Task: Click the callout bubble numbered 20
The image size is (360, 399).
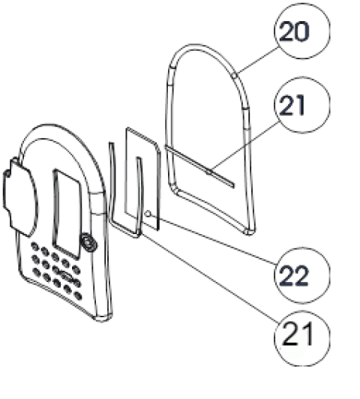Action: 302,31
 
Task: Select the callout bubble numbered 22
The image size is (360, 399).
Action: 302,275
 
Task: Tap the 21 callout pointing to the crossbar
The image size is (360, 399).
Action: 302,104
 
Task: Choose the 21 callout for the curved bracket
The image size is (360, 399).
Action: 302,338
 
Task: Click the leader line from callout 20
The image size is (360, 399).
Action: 257,61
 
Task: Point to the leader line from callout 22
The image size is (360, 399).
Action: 213,239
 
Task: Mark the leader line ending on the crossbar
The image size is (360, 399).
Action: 244,145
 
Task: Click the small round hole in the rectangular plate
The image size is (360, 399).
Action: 148,214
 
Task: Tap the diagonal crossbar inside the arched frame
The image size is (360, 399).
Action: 199,166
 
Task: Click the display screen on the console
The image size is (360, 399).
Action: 67,214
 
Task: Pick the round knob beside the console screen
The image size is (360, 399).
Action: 88,243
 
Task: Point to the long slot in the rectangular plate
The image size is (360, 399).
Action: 139,195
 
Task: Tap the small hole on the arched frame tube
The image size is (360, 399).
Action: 235,75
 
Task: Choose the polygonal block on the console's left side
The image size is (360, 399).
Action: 21,198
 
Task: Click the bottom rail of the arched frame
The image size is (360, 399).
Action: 214,211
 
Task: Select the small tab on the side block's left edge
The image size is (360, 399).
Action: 7,173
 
